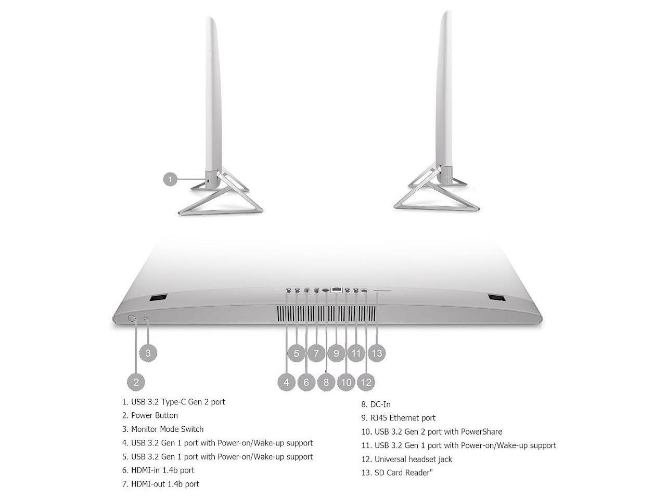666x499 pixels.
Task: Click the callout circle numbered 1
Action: (x=170, y=180)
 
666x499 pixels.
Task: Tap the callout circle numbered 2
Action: (x=136, y=382)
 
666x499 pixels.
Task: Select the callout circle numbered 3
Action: (x=148, y=353)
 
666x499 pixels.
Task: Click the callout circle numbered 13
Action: (x=377, y=353)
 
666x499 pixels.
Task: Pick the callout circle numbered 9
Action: (x=336, y=353)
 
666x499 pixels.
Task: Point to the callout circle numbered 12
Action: (x=366, y=382)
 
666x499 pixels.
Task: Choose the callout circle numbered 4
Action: (x=286, y=382)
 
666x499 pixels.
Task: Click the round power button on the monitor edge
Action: (x=132, y=319)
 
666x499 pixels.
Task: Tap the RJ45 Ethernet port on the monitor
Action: (x=336, y=290)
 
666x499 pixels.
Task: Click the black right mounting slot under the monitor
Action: (x=497, y=298)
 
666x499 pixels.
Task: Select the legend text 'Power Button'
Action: (x=154, y=415)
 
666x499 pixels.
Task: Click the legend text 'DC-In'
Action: (x=380, y=404)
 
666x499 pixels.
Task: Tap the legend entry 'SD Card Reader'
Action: (x=403, y=472)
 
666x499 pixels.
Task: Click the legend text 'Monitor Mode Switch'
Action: (x=167, y=429)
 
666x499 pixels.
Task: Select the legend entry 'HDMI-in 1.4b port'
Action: (x=162, y=470)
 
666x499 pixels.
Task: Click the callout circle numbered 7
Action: (x=316, y=353)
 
